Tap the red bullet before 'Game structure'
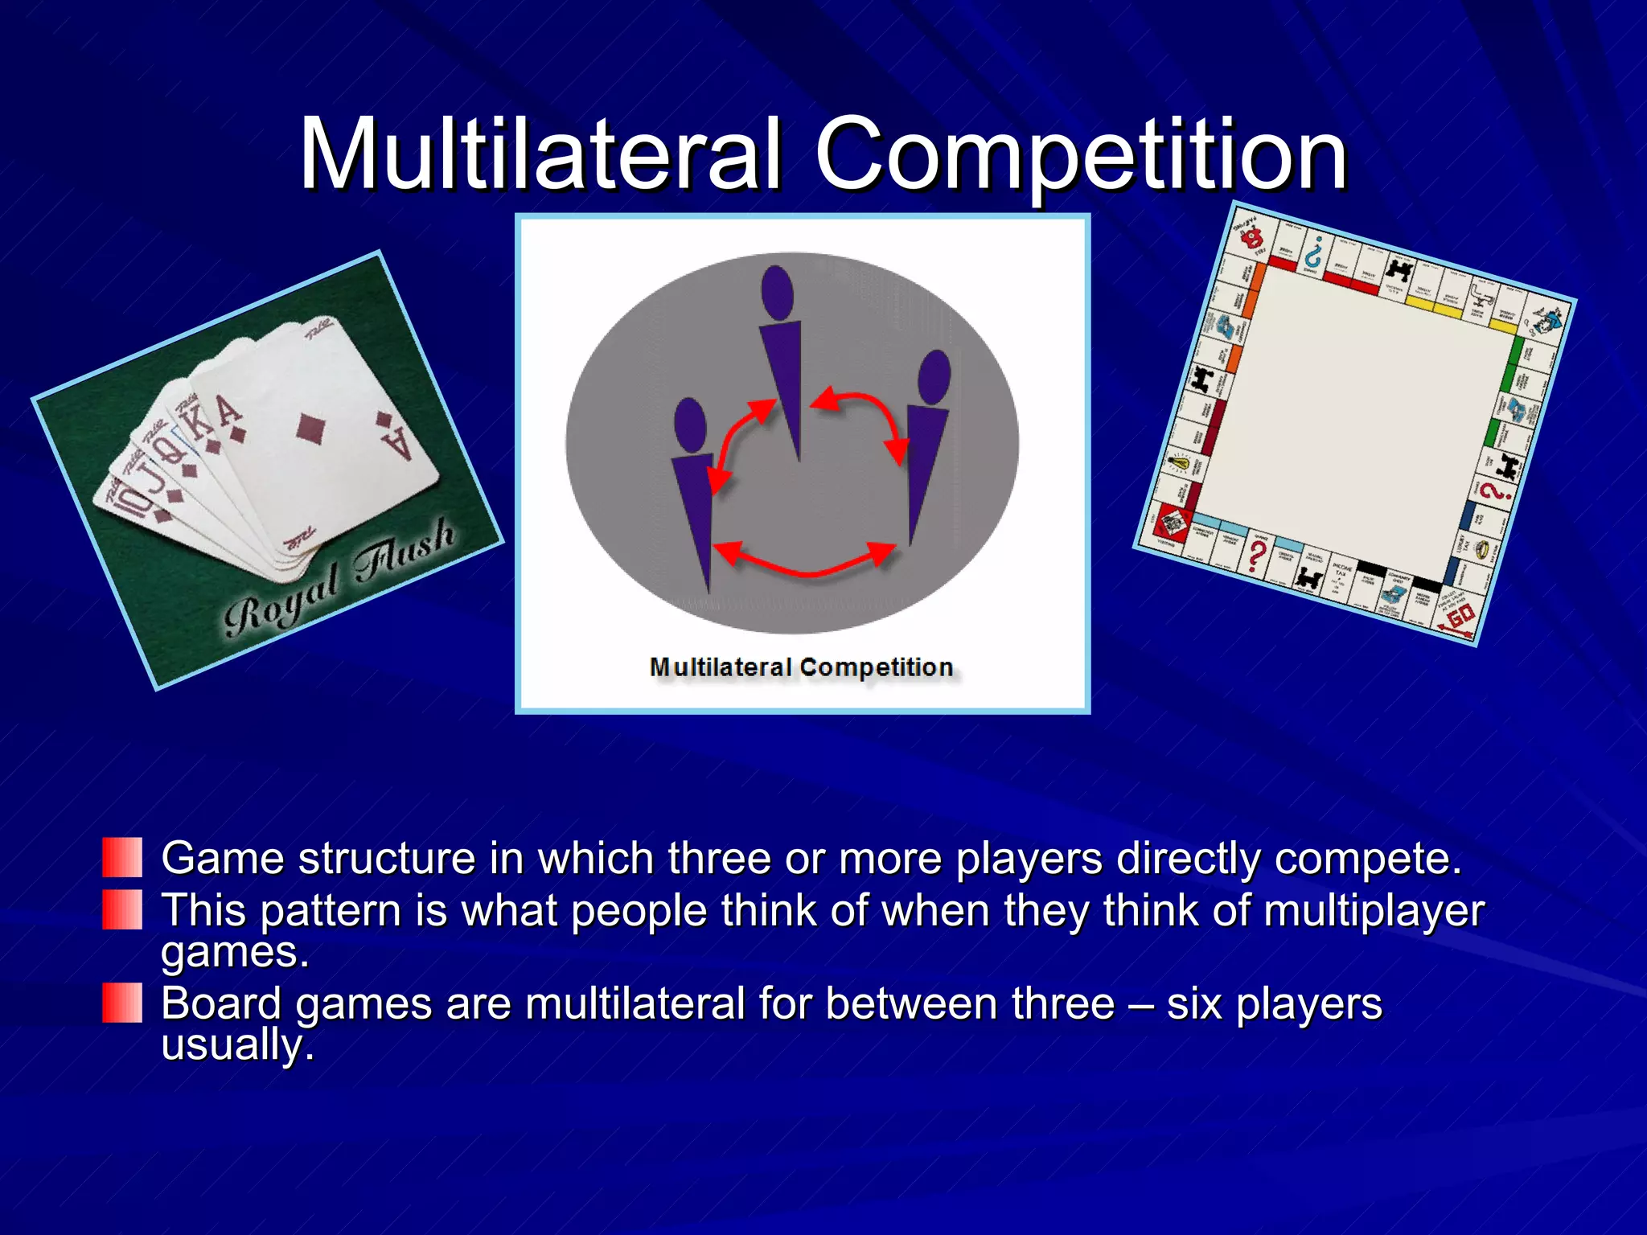[x=122, y=857]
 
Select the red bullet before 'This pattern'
[x=122, y=909]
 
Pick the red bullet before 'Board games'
[x=122, y=1003]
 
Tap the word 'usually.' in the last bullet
[x=237, y=1044]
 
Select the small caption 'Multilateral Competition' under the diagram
[x=801, y=667]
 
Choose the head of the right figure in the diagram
[x=934, y=376]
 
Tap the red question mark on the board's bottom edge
[x=1257, y=554]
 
